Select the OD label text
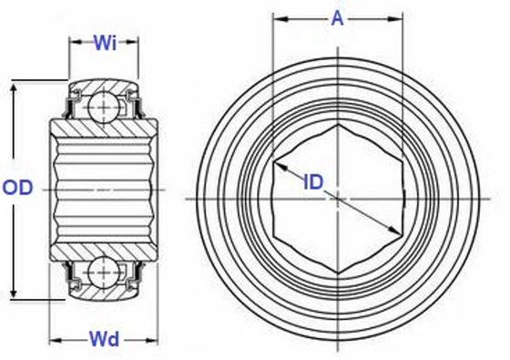(18, 188)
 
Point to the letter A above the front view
(338, 17)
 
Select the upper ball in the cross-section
(104, 102)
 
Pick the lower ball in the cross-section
(104, 273)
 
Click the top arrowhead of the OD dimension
(13, 89)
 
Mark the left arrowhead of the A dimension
(278, 18)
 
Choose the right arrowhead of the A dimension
(400, 18)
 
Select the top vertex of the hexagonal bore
(338, 126)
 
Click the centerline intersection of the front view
(338, 198)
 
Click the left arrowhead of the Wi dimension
(73, 41)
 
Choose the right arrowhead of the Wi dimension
(136, 41)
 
